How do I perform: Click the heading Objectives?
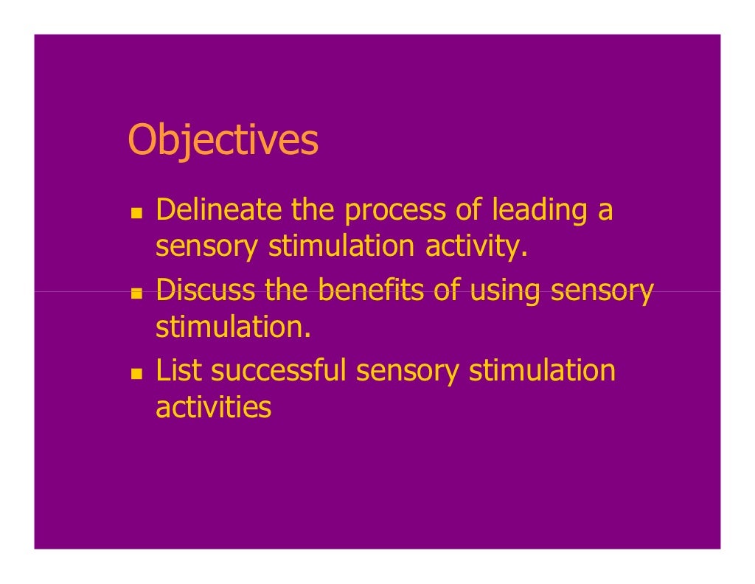[223, 141]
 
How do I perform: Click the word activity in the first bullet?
[476, 247]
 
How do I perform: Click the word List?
[178, 370]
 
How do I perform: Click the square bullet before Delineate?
[136, 213]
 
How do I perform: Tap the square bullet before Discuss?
[136, 293]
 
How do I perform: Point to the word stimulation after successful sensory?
[542, 370]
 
